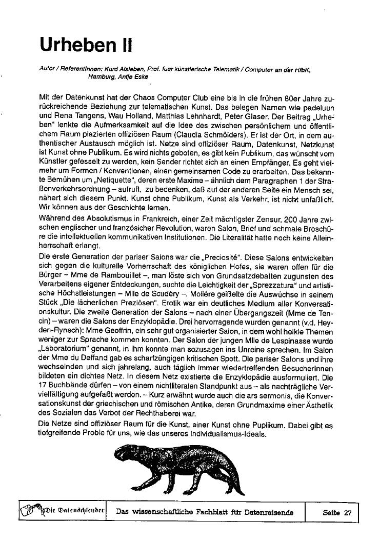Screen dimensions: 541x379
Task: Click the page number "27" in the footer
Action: click(348, 512)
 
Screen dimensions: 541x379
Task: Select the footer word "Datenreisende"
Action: click(268, 512)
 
